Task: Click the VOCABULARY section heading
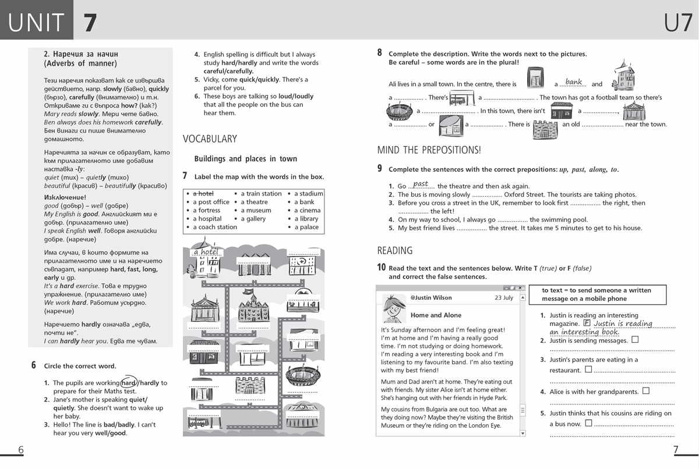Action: (x=210, y=138)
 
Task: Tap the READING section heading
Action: (x=395, y=250)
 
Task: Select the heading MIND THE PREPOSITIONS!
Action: (x=429, y=150)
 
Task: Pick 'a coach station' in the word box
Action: (x=215, y=227)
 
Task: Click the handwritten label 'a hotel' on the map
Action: (x=205, y=252)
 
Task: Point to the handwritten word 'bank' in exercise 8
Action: (x=574, y=82)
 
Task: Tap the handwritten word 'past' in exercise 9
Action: (x=421, y=184)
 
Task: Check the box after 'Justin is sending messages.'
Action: (x=635, y=340)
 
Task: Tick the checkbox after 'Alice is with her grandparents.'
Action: (x=645, y=391)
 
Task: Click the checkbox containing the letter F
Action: (x=587, y=323)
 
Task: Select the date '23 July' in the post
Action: (x=504, y=297)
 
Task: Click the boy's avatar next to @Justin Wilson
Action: (x=394, y=308)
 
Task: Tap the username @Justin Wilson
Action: (x=431, y=297)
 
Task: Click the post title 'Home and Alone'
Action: (x=436, y=315)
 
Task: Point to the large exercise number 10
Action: (x=381, y=268)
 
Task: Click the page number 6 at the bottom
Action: (x=21, y=450)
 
